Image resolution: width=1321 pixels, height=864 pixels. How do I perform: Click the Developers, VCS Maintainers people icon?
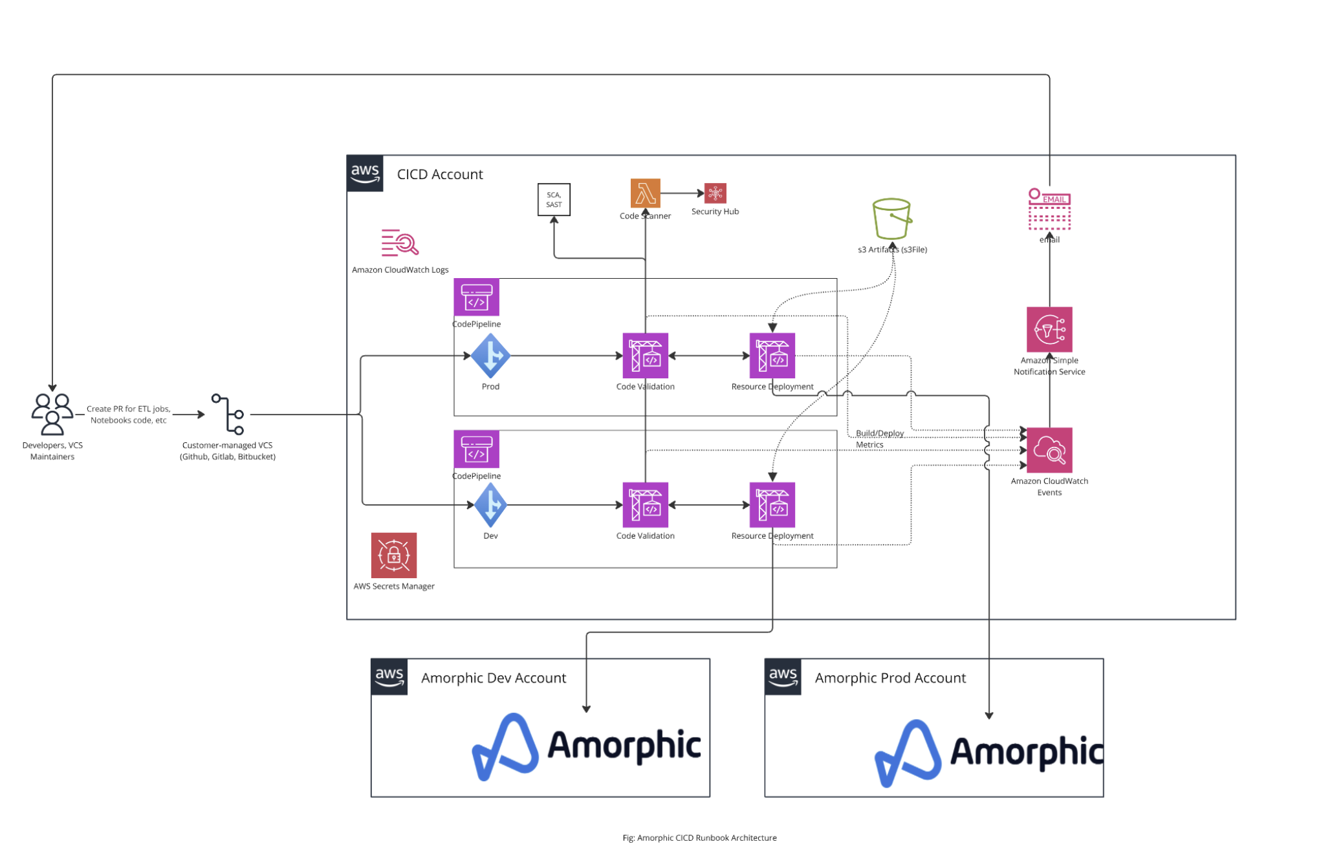52,413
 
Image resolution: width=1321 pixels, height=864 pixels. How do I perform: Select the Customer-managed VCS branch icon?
228,414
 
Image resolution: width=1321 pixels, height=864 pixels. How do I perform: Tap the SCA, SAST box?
554,199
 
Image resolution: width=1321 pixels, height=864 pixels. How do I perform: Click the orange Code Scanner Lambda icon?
645,193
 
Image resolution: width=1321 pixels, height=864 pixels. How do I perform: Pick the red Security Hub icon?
715,193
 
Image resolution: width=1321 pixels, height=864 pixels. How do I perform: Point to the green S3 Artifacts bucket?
891,219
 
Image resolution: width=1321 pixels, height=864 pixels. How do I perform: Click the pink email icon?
1049,209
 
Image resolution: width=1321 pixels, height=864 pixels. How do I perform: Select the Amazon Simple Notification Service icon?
1049,329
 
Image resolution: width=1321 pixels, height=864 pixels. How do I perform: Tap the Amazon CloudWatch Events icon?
1049,450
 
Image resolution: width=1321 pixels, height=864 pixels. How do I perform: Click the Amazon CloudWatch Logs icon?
400,243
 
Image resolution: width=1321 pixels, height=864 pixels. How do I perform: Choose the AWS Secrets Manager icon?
393,555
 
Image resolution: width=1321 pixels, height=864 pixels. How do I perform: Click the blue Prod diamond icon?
490,356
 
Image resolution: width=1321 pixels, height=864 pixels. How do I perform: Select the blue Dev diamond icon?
490,505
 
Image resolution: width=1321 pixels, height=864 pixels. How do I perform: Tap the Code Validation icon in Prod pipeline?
645,356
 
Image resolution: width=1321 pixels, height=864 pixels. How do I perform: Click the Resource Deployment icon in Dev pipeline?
772,505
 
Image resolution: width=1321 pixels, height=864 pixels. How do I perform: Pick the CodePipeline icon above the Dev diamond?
476,449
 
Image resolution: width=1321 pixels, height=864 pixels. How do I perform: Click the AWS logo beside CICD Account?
365,173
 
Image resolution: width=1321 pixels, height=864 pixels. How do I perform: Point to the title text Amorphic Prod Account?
890,678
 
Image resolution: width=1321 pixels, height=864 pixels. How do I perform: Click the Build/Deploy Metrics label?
879,438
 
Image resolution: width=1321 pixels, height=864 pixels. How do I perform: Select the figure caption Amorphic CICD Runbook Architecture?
699,837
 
